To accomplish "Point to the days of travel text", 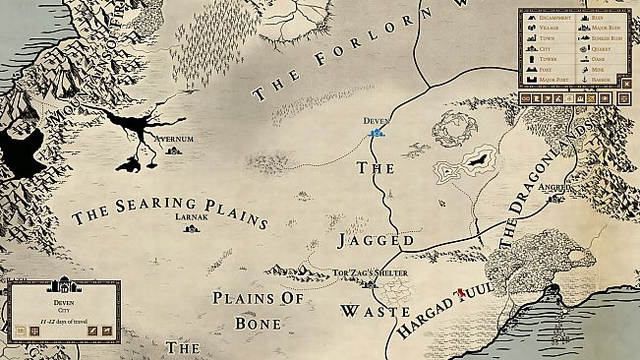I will pyautogui.click(x=63, y=320).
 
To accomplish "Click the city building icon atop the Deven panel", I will pyautogui.click(x=63, y=284).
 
